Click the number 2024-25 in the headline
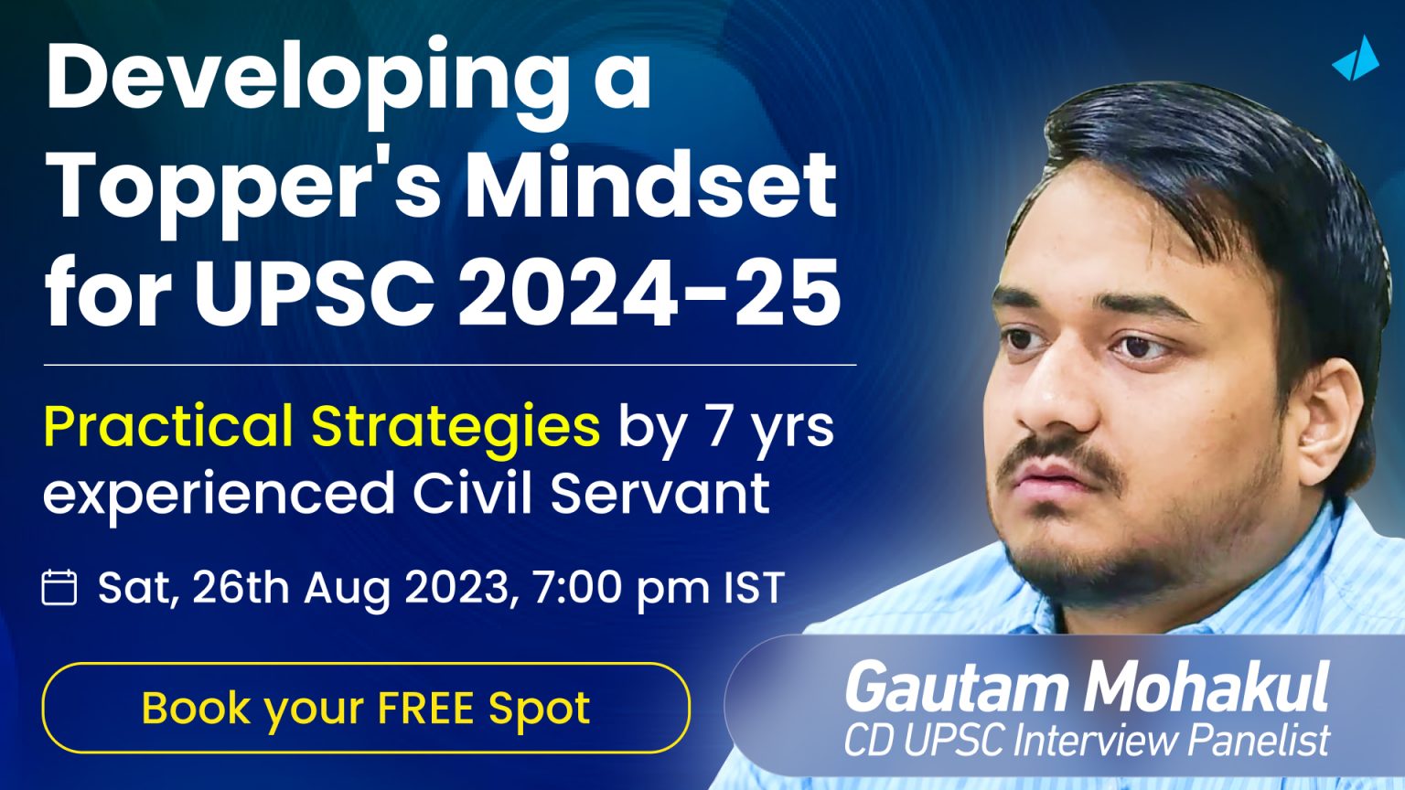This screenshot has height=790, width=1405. tap(649, 293)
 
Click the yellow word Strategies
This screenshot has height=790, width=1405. tap(456, 427)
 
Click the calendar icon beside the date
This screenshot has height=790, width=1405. tap(59, 587)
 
